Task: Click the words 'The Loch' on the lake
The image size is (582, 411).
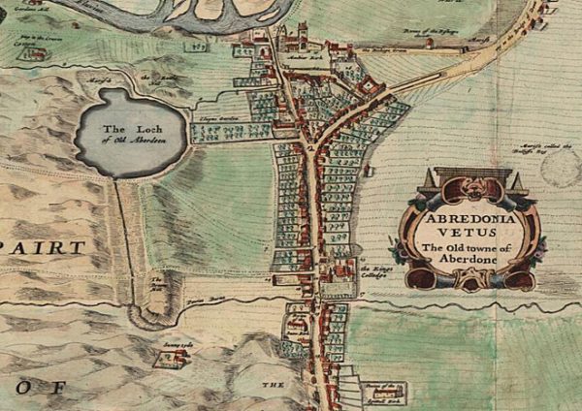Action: point(129,129)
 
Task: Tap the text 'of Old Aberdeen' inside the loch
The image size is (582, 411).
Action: point(130,140)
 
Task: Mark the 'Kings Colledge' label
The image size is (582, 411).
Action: point(374,270)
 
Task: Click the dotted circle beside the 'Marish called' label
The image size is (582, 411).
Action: point(561,167)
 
